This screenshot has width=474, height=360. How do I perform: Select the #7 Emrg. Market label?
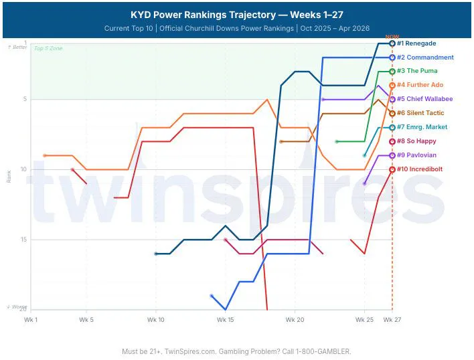[x=422, y=127]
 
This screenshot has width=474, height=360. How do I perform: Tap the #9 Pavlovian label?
[x=417, y=155]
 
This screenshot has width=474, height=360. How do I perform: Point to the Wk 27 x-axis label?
[x=392, y=320]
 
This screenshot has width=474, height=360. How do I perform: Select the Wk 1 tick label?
[x=30, y=320]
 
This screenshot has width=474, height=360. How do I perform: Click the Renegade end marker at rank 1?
[x=392, y=43]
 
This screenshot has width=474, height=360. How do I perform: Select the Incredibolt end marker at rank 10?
[x=392, y=169]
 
